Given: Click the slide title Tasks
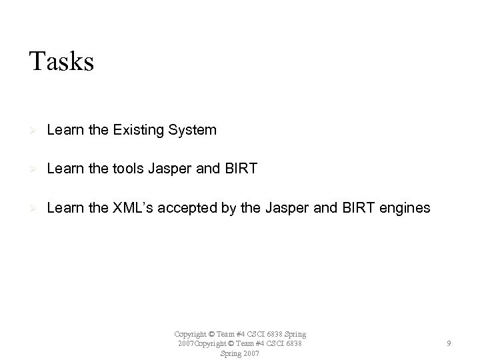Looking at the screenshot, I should (61, 61).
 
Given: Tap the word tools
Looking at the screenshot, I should (128, 169).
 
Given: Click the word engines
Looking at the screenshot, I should (407, 209).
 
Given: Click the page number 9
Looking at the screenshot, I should (449, 343).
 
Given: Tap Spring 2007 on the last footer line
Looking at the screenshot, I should (239, 353).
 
